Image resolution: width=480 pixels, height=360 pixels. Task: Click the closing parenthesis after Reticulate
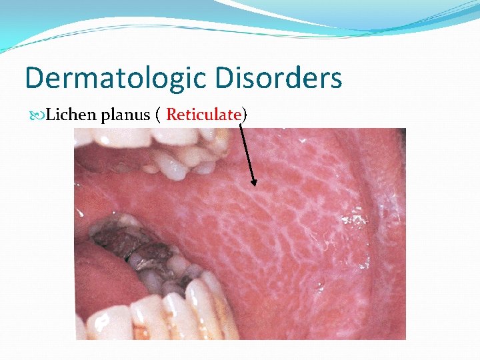(244, 115)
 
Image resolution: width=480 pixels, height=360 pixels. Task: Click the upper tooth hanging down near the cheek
(172, 165)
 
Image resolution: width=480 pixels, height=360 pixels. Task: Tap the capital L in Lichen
(51, 115)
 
